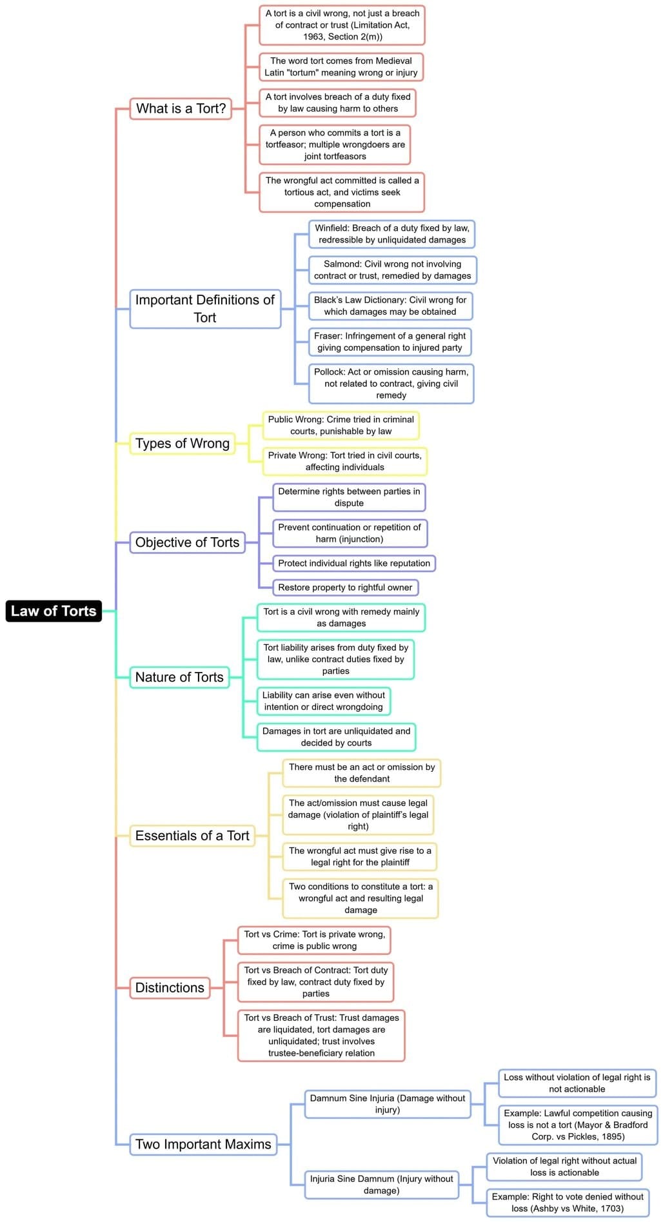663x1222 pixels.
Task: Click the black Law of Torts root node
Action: click(x=54, y=611)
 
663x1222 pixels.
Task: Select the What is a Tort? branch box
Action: click(x=181, y=108)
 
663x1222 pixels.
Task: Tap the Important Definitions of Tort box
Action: click(x=205, y=309)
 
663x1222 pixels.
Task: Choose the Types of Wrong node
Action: click(x=182, y=444)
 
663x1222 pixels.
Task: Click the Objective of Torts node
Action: click(x=187, y=542)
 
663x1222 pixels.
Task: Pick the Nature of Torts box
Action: click(x=179, y=677)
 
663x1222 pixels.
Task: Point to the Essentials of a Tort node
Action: click(x=192, y=836)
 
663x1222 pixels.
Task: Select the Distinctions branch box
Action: click(x=170, y=987)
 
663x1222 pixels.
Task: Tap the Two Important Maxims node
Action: click(x=203, y=1144)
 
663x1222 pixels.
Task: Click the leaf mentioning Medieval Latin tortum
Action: click(x=341, y=67)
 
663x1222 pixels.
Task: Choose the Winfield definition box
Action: click(x=392, y=234)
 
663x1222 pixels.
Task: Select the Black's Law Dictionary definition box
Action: click(x=390, y=306)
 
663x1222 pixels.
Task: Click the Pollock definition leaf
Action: click(x=391, y=384)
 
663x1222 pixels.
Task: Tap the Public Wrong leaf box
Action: click(x=341, y=426)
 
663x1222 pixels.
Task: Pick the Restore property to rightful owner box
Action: click(x=345, y=587)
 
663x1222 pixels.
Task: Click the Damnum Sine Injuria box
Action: click(x=387, y=1103)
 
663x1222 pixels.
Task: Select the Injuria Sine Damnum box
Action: click(x=381, y=1184)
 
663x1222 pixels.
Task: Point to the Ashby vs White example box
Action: click(x=568, y=1202)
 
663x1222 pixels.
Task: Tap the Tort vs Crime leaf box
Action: click(x=314, y=940)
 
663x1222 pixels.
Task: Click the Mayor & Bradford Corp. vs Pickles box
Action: click(x=578, y=1125)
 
